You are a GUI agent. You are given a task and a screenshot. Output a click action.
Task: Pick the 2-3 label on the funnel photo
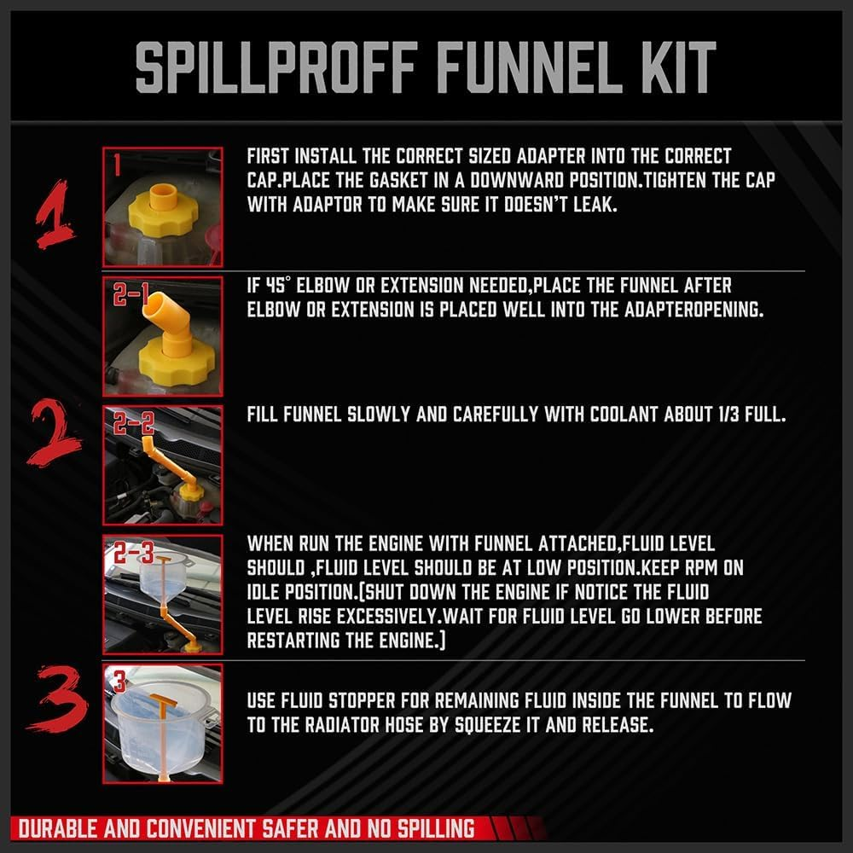pos(132,554)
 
